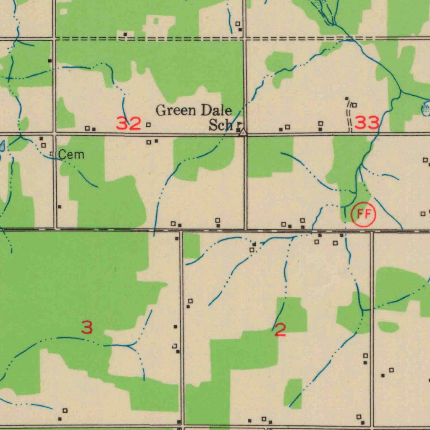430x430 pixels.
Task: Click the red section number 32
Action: (128, 124)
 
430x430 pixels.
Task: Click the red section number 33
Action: (367, 123)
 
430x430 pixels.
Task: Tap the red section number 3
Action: (87, 328)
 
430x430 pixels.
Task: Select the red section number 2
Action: (280, 330)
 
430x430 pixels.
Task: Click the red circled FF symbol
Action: (364, 215)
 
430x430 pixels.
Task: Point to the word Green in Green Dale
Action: (176, 111)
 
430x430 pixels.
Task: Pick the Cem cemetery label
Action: (71, 155)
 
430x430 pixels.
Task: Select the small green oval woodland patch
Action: (388, 327)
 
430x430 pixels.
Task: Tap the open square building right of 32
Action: (148, 125)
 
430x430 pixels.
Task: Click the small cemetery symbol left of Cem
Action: (52, 154)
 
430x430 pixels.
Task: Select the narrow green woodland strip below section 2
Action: (293, 393)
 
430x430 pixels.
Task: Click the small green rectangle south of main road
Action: (191, 246)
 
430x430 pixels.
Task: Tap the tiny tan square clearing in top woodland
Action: (156, 21)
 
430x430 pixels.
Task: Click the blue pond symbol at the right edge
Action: (426, 110)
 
